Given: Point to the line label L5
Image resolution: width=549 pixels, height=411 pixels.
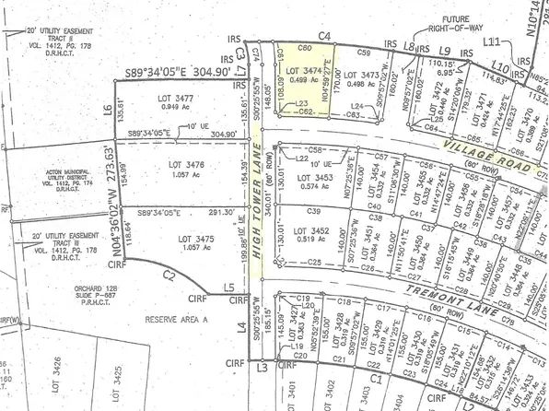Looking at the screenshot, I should coord(229,288).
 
